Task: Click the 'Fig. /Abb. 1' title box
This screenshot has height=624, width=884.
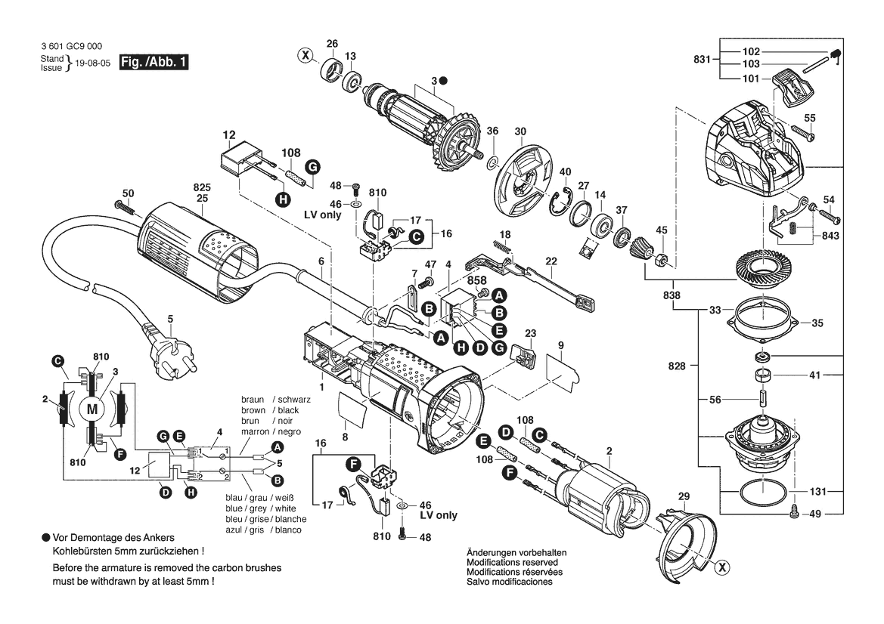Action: pyautogui.click(x=154, y=62)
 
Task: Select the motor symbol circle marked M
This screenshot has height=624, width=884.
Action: pyautogui.click(x=92, y=409)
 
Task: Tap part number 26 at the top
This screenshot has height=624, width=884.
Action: pyautogui.click(x=332, y=43)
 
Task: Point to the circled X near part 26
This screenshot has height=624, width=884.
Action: pyautogui.click(x=306, y=55)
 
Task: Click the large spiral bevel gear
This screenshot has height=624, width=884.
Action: pyautogui.click(x=765, y=269)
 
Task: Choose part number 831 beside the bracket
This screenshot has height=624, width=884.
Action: pyautogui.click(x=702, y=59)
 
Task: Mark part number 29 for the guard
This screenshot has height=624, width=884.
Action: pyautogui.click(x=684, y=496)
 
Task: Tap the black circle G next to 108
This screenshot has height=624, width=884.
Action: pyautogui.click(x=312, y=167)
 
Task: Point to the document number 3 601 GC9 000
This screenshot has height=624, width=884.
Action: pyautogui.click(x=72, y=46)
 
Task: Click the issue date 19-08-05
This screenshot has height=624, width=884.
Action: pyautogui.click(x=92, y=63)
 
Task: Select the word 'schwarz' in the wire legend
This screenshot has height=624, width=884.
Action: pyautogui.click(x=293, y=400)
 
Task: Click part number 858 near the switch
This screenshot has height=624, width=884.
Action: pyautogui.click(x=476, y=280)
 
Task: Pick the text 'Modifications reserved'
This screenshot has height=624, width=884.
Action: pyautogui.click(x=512, y=562)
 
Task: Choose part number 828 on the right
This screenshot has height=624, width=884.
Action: pyautogui.click(x=677, y=366)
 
